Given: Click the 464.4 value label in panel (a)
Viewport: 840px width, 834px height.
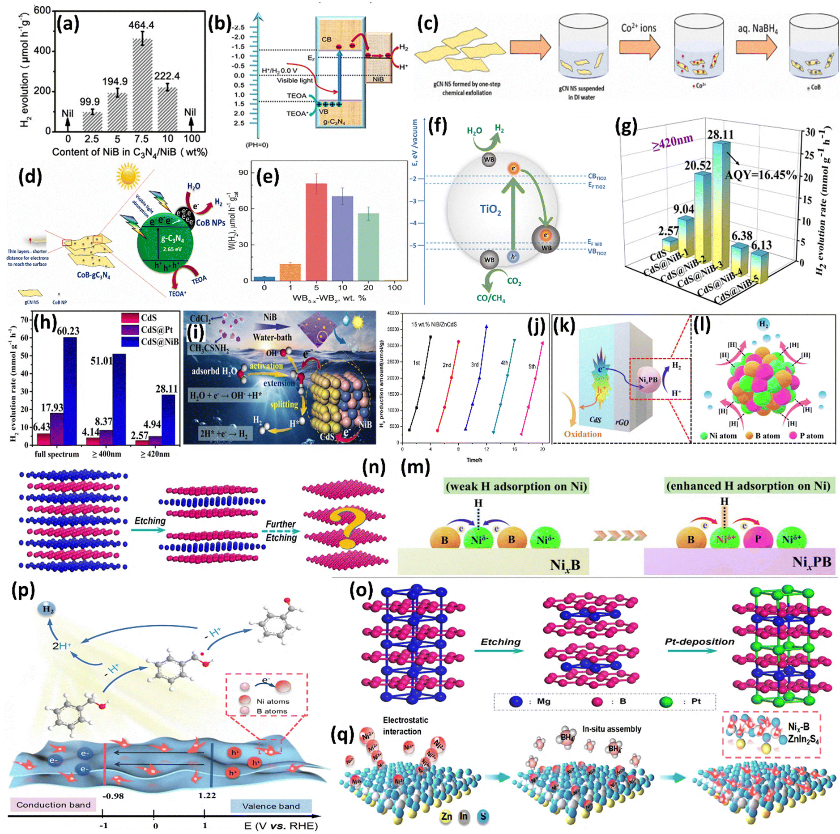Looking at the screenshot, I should pos(141,25).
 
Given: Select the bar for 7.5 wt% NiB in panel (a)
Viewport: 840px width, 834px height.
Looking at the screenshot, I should pos(142,85).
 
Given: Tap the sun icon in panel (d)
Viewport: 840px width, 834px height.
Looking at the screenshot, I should pos(128,175).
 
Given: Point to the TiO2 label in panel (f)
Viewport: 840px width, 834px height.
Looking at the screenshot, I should pos(490,209).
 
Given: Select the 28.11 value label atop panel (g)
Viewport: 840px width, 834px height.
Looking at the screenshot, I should pos(720,135).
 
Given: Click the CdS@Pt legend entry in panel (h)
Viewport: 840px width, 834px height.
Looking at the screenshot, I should pos(150,330).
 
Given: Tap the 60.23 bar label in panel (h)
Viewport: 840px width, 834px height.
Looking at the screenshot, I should pos(68,331).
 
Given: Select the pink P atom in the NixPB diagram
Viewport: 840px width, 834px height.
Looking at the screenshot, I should pos(757,539).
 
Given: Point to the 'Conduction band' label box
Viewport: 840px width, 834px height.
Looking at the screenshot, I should pos(53,804).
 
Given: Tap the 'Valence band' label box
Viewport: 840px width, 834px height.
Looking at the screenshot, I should pos(271,806).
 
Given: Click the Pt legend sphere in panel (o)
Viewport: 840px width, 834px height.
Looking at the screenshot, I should pos(666,701).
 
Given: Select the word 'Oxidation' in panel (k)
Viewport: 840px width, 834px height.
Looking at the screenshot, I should pos(582,434).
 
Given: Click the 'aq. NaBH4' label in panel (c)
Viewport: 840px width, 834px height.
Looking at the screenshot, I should pos(758,29).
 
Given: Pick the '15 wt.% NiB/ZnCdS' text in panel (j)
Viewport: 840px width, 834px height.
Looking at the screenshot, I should pos(434,324).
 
